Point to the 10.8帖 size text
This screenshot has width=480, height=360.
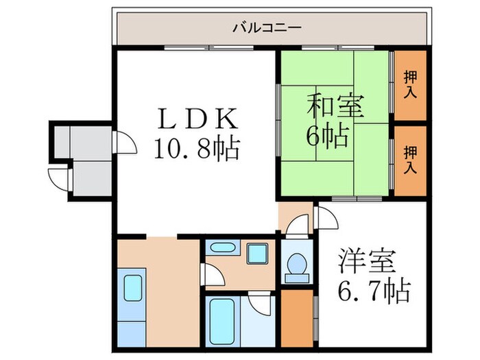pos(197,147)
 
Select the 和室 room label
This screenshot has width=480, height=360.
pos(335,107)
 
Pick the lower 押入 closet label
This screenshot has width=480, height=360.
pos(410,159)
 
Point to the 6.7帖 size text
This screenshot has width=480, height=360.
pos(374,291)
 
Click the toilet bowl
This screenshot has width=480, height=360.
pos(298,263)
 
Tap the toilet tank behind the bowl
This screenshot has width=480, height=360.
pos(298,277)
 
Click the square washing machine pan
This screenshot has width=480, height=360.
pos(257,253)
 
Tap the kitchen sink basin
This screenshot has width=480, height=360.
pos(132,288)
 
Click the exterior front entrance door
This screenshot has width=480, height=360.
pos(58,179)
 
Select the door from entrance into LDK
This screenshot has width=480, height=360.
pos(124,141)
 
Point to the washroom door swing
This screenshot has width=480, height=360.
pos(214,276)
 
